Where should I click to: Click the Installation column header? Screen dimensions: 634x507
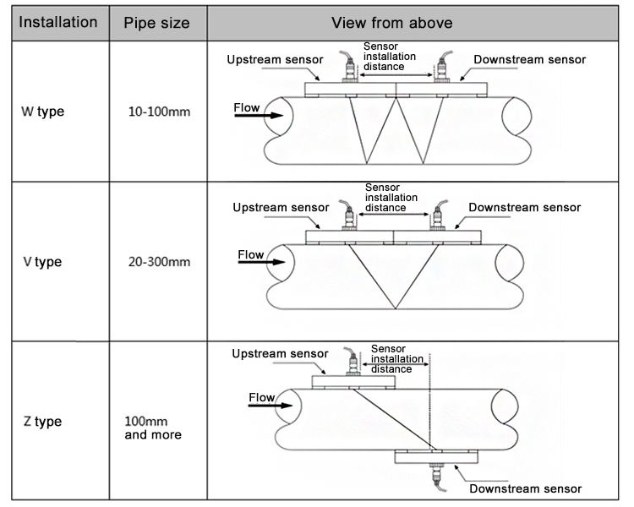point(58,22)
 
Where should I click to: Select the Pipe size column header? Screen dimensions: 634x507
point(157,23)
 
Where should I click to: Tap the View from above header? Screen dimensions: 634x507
point(392,23)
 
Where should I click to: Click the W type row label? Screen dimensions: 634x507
point(43,112)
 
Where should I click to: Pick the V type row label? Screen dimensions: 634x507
point(42,262)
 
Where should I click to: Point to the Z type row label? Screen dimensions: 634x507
point(42,422)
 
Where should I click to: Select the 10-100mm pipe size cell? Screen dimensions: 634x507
point(159,112)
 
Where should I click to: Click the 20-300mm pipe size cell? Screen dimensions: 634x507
point(159,262)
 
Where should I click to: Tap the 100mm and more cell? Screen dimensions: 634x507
point(153,428)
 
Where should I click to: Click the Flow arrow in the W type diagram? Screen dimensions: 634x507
point(259,116)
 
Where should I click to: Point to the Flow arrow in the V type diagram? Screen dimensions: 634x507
point(261,262)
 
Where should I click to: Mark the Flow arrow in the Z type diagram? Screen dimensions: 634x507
point(271,405)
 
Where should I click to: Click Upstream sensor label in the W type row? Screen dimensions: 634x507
point(275,60)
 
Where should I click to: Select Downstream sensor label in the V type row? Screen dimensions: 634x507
point(525,207)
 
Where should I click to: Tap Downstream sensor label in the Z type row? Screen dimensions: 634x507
point(526,488)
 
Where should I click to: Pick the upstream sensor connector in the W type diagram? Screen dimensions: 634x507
point(349,67)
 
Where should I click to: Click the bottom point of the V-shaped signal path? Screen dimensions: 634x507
point(396,308)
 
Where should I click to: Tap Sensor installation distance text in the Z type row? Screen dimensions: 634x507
point(397,358)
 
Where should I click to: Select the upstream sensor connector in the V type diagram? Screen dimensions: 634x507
point(348,215)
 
